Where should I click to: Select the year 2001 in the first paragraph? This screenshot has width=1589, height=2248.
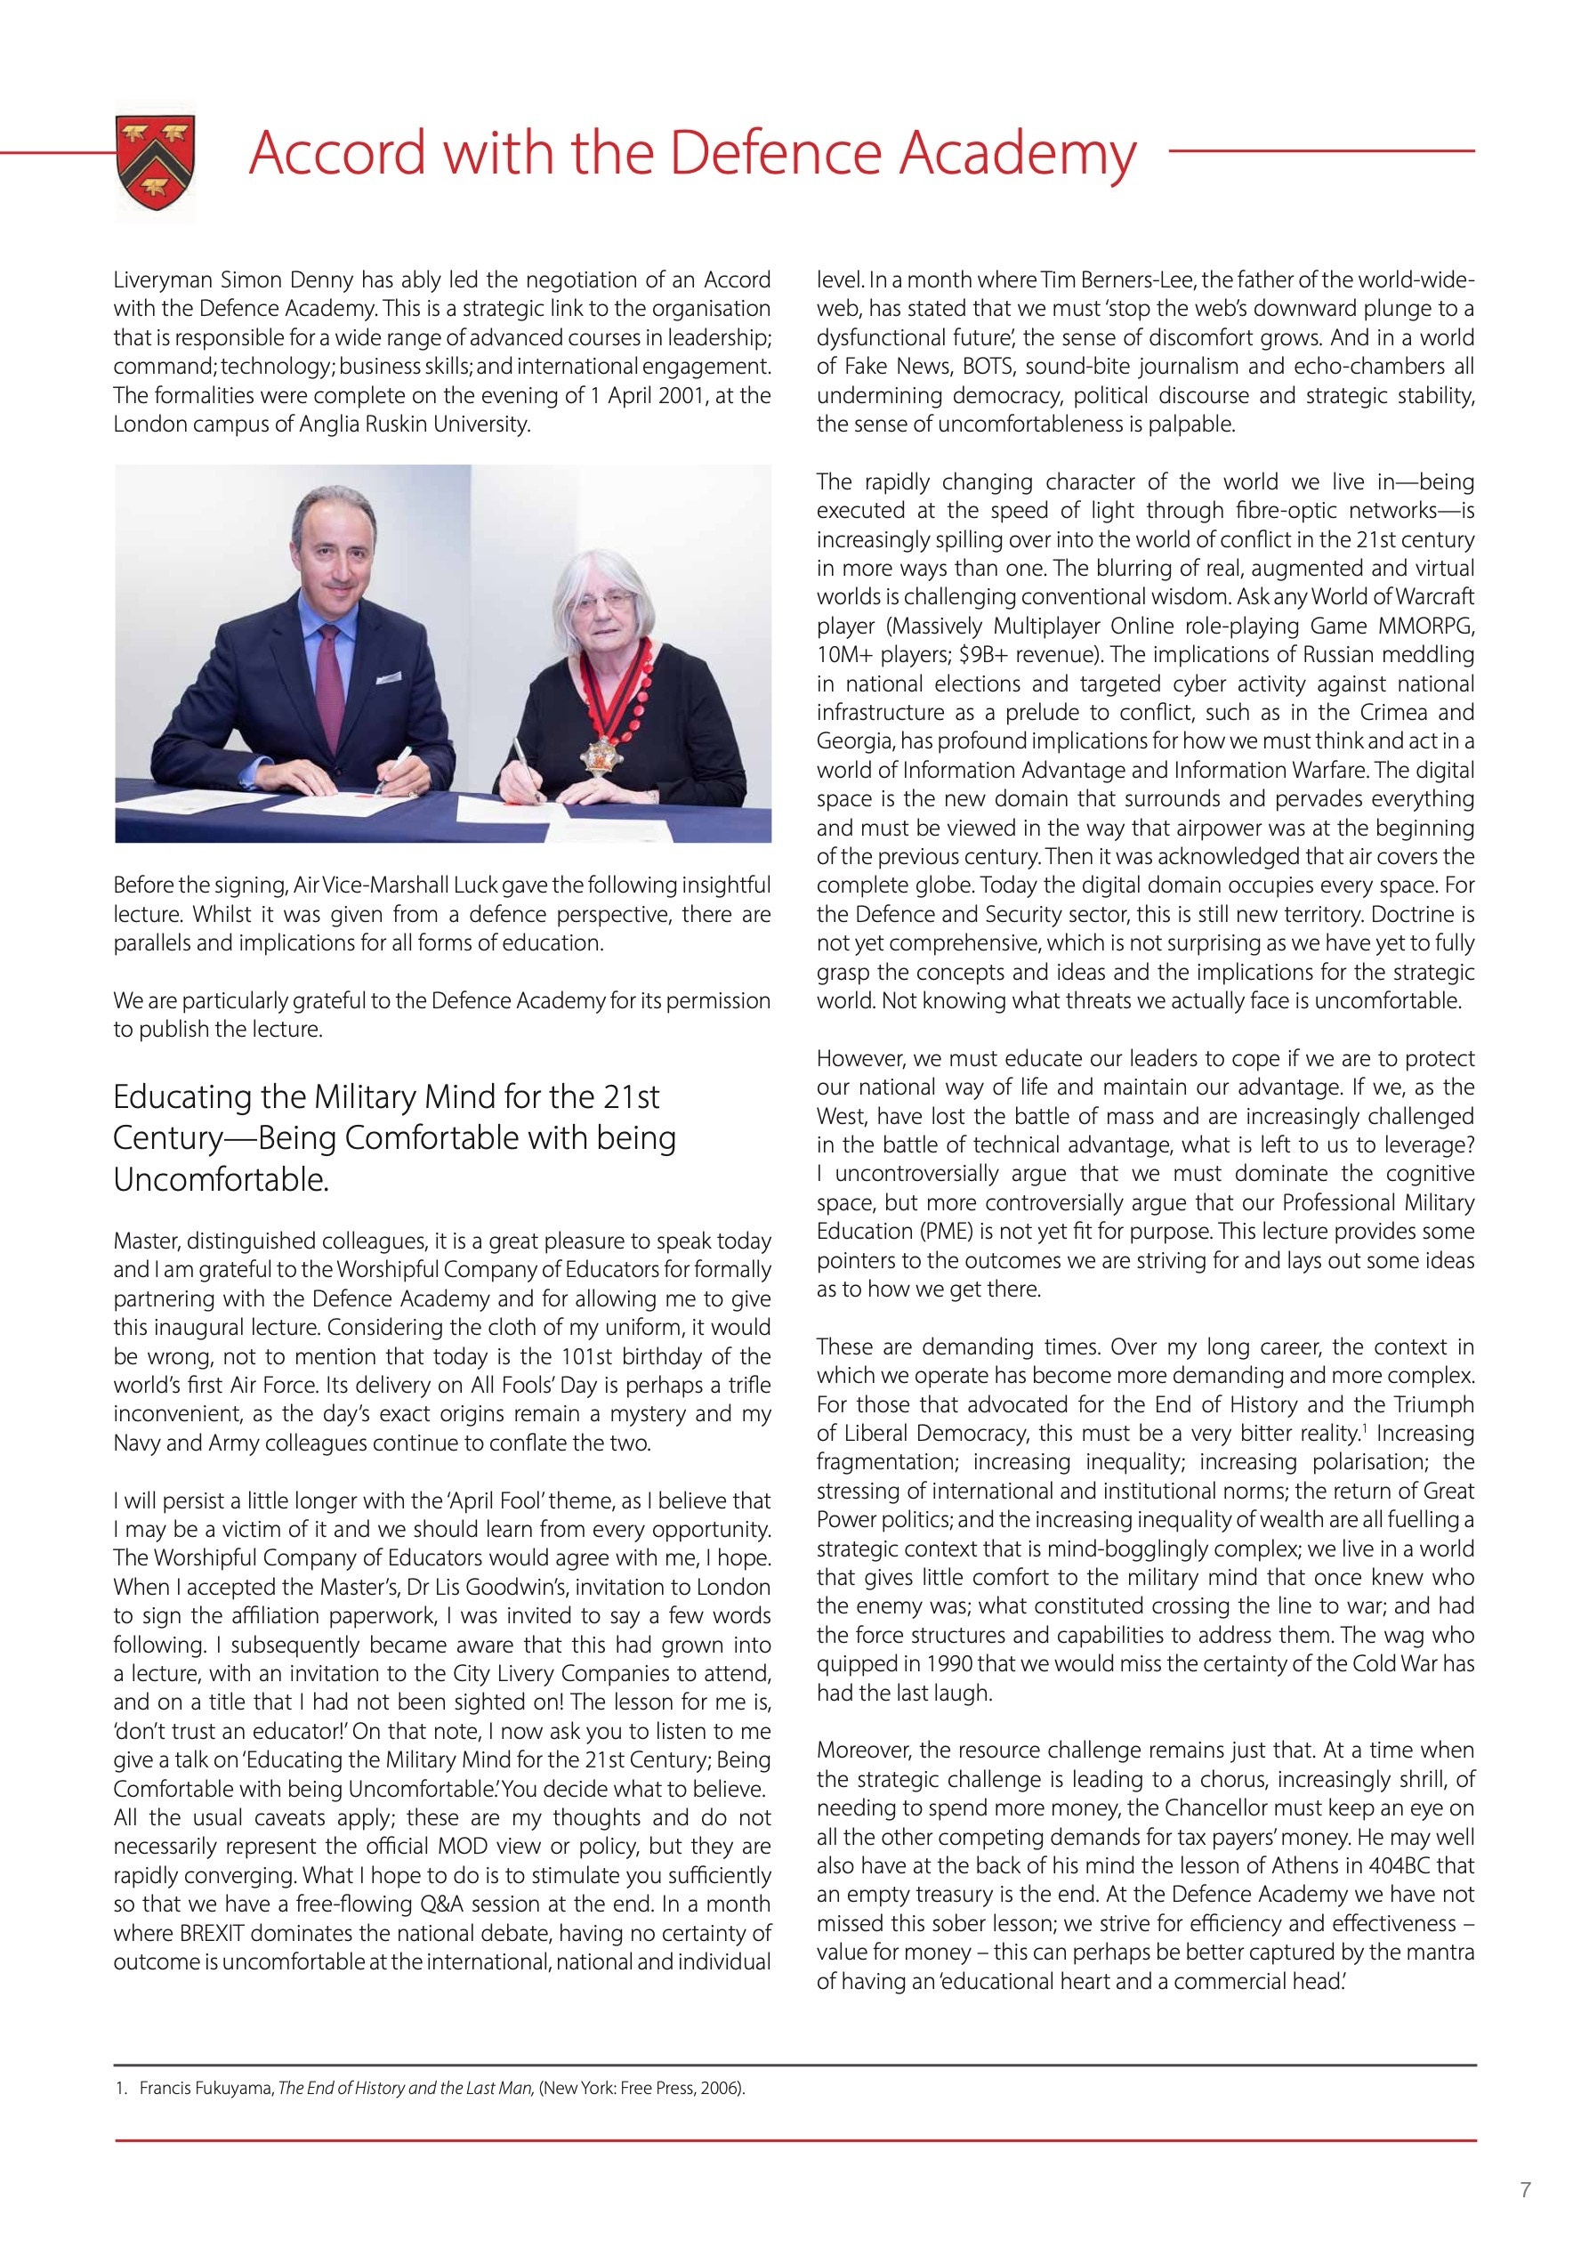coord(665,395)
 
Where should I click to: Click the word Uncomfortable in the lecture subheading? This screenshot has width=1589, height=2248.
coord(221,1180)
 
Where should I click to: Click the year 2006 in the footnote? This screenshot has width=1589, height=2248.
coord(722,2089)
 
